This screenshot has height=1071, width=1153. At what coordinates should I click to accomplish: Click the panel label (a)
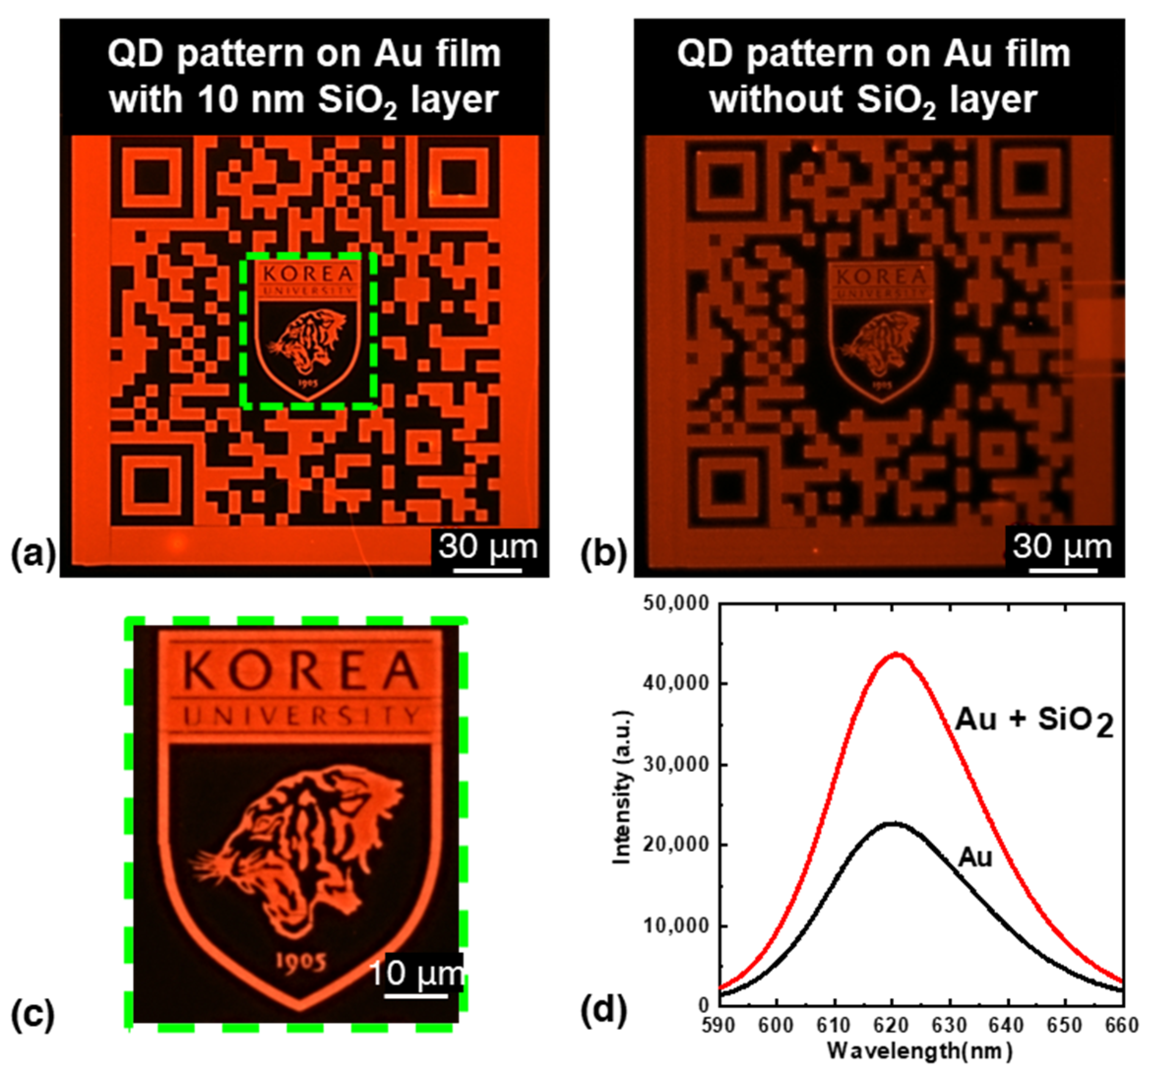[33, 554]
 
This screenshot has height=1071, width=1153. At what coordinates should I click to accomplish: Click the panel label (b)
[604, 554]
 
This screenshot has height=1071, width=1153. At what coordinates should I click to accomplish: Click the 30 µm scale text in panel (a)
[488, 546]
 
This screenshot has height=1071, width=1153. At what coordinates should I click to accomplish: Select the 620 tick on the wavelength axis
[892, 1026]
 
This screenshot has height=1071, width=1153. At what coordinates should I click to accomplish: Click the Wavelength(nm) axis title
[920, 1050]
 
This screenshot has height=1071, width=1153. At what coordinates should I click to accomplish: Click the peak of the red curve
[896, 654]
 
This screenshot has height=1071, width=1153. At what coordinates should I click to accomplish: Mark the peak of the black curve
[893, 824]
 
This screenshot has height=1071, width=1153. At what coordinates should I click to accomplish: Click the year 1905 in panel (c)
[300, 961]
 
